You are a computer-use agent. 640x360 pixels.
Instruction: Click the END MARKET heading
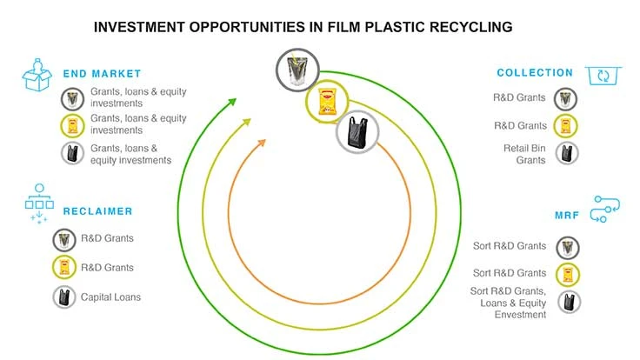pyautogui.click(x=102, y=73)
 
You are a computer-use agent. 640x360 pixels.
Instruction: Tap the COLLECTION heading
pyautogui.click(x=536, y=73)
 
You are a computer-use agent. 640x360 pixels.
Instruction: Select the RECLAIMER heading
pyautogui.click(x=97, y=211)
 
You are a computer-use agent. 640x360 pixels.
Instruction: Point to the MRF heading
pyautogui.click(x=568, y=214)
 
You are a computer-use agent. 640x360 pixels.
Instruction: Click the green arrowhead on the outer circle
pyautogui.click(x=231, y=101)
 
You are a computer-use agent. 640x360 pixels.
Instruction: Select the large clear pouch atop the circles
pyautogui.click(x=297, y=70)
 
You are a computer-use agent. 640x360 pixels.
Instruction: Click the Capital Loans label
pyautogui.click(x=111, y=297)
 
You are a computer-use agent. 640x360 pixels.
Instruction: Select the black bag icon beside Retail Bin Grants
pyautogui.click(x=568, y=154)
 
